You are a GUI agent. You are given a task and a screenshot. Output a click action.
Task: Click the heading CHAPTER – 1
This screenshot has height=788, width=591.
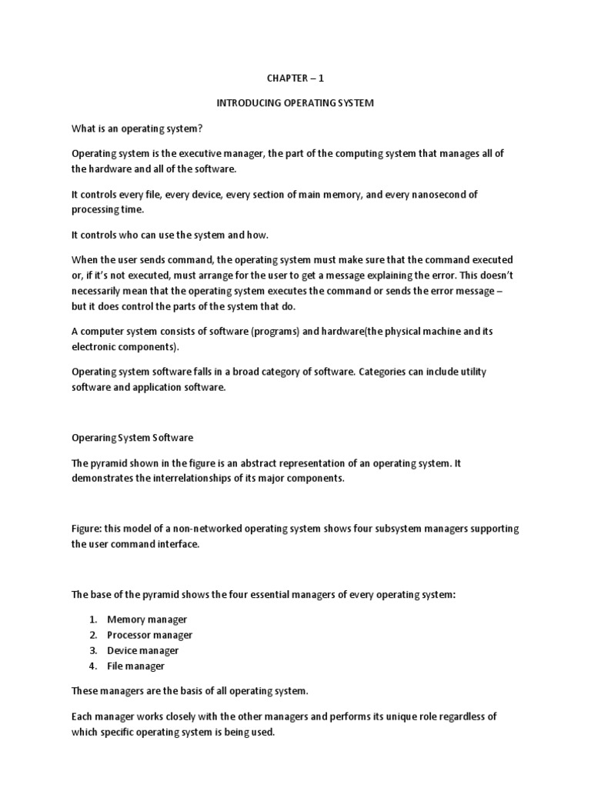pos(295,78)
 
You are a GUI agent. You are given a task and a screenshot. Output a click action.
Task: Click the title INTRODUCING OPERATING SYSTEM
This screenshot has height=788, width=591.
pos(295,103)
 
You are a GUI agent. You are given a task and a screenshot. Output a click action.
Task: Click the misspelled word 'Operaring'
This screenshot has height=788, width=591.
pos(92,437)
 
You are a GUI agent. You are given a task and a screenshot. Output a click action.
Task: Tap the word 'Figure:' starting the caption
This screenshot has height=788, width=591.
pos(88,529)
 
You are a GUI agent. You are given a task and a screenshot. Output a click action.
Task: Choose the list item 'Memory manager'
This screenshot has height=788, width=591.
pos(147,619)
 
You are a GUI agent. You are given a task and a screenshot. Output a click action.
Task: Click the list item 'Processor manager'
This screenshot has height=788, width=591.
pos(149,635)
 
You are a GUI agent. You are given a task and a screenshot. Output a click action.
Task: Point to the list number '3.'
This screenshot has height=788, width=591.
pos(92,650)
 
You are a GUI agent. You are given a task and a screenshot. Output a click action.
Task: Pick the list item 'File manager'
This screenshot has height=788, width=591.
pos(135,666)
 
